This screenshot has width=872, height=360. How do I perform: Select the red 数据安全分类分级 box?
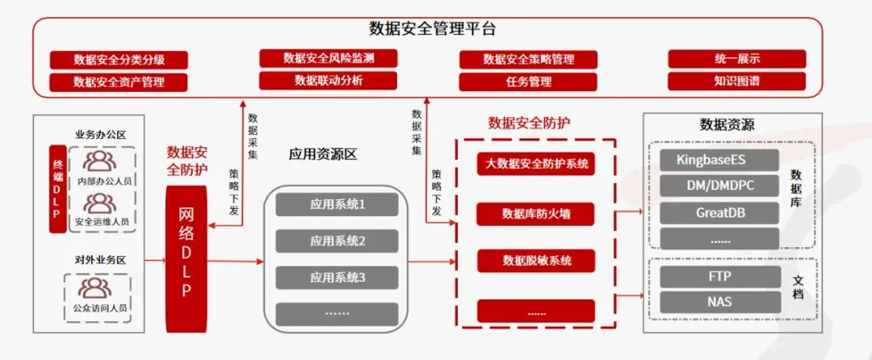119,60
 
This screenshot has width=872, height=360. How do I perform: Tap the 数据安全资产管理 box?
119,82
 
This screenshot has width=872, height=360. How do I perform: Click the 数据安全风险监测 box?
328,58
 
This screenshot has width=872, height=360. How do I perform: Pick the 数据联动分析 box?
328,80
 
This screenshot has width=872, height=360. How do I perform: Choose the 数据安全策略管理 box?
528,60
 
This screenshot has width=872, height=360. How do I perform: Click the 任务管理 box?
528,82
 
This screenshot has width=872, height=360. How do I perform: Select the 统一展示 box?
736,59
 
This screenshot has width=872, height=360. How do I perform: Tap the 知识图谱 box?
736,81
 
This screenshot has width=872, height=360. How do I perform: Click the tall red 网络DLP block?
186,251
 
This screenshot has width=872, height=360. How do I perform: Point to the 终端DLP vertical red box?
57,189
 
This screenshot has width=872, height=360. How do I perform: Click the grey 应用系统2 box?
337,241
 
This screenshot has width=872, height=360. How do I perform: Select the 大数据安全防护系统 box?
536,165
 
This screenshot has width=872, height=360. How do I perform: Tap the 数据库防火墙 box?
536,213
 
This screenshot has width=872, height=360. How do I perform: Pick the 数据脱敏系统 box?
536,261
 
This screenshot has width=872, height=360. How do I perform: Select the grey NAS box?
719,302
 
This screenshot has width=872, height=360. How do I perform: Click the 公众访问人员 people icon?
96,288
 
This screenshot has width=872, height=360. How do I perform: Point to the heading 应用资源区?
322,154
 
